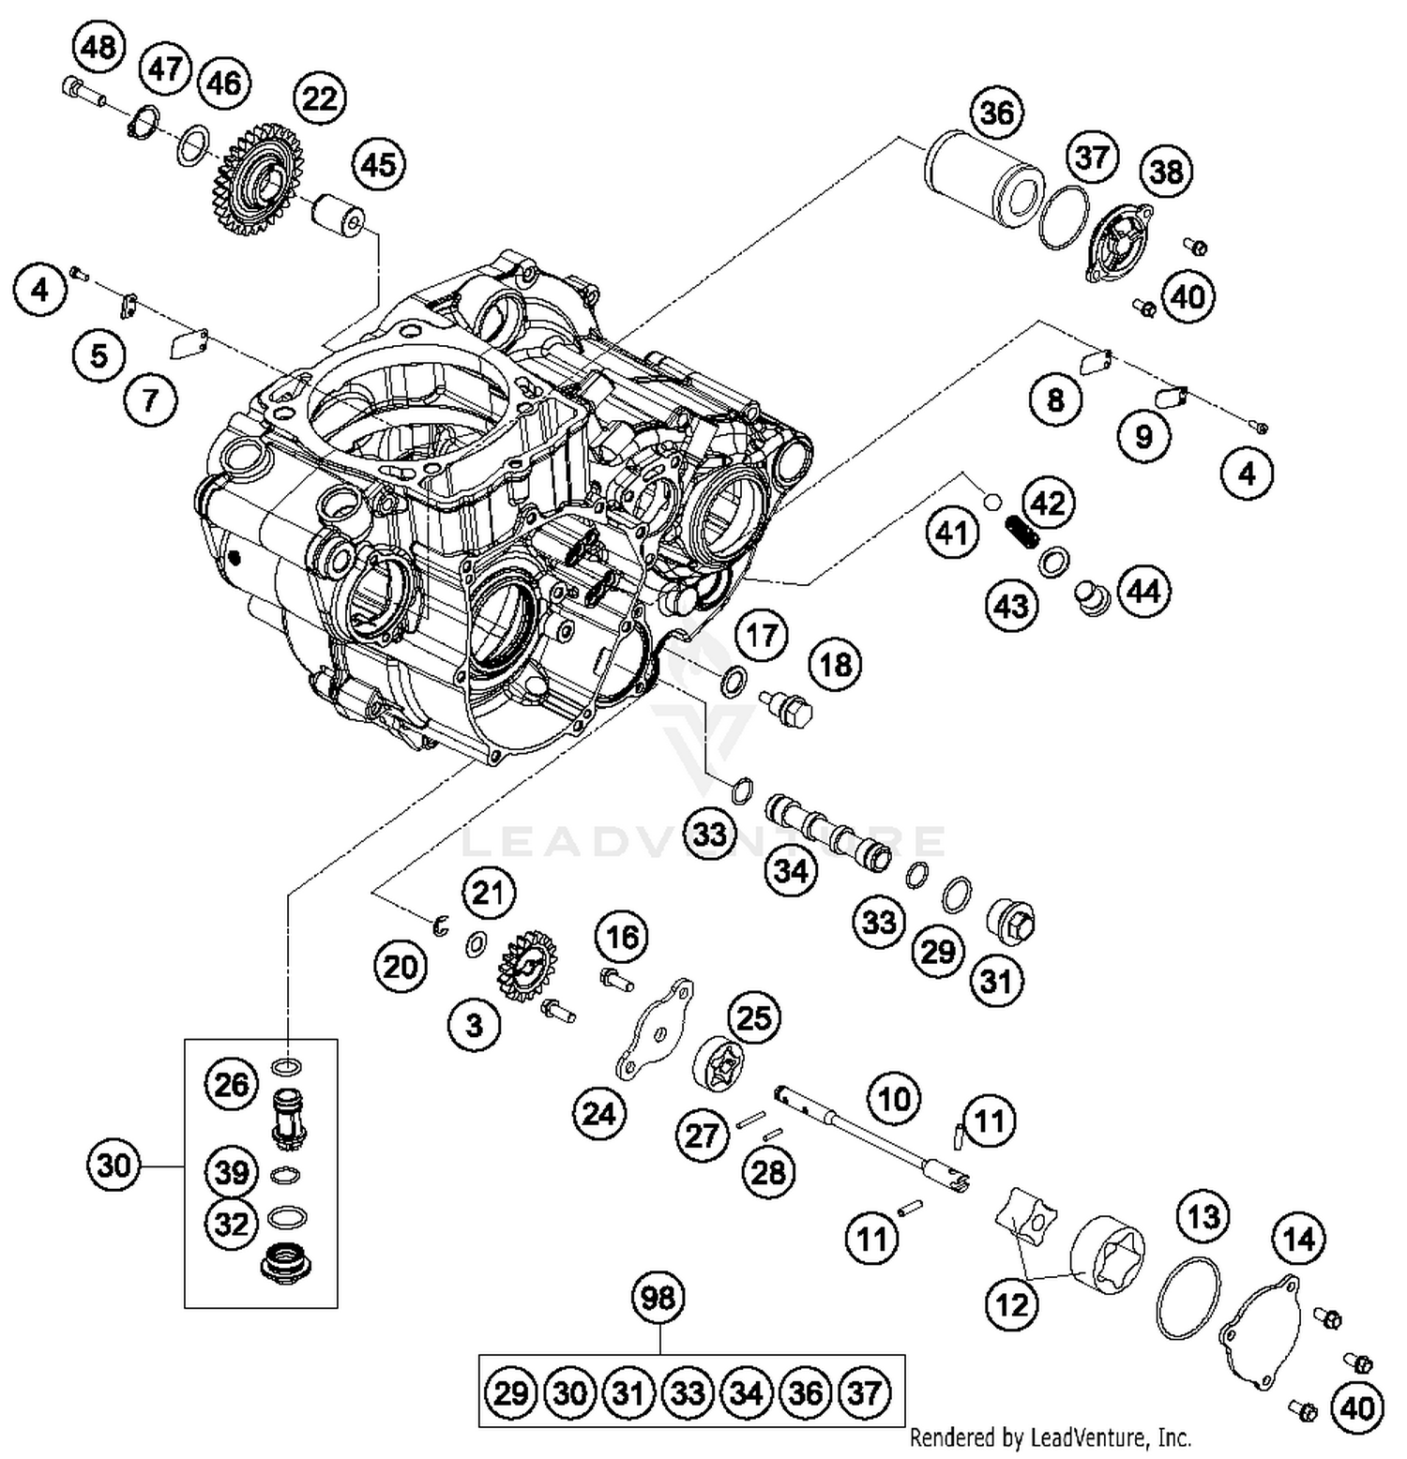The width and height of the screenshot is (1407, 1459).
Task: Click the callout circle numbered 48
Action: [99, 46]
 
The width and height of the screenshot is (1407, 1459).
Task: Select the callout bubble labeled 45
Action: [378, 165]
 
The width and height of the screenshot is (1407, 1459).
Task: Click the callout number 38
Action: [1167, 172]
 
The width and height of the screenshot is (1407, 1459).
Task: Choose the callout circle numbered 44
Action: [1143, 592]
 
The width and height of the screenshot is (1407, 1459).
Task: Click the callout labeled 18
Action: [836, 665]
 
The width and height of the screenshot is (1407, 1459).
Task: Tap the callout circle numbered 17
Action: [762, 635]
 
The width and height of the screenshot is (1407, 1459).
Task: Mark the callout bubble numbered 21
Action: [488, 893]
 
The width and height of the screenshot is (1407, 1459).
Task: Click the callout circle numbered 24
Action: [599, 1113]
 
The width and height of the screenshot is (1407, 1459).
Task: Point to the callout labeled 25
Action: [754, 1017]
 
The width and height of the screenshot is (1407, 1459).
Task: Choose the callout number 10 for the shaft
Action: [894, 1098]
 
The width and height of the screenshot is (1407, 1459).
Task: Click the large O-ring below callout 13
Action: [1188, 1299]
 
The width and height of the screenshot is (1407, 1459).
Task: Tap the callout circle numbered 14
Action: [1299, 1239]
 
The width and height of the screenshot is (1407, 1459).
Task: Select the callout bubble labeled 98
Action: [658, 1299]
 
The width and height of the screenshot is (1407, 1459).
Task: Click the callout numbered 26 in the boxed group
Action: [232, 1085]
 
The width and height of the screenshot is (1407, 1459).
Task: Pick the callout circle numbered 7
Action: [150, 400]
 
